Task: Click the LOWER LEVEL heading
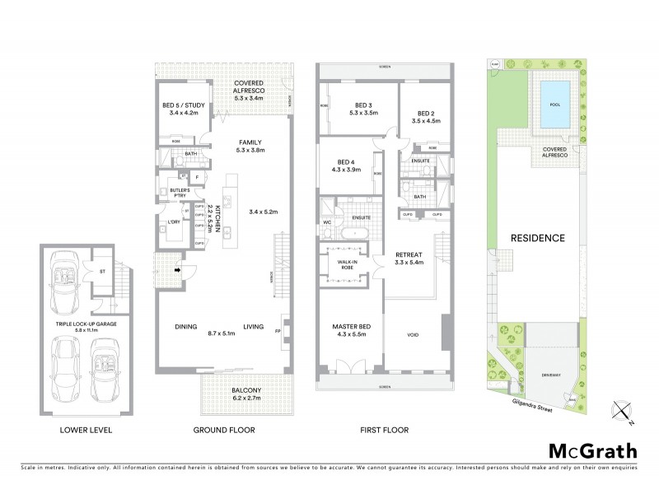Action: click(86, 430)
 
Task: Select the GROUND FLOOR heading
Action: click(223, 430)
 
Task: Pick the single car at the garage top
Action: click(66, 280)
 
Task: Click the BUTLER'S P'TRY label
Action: click(180, 194)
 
